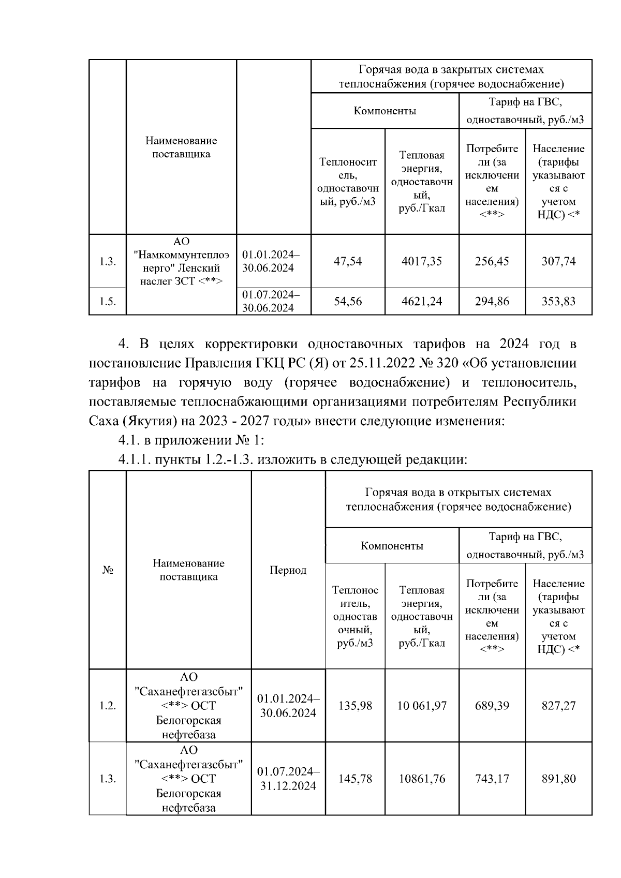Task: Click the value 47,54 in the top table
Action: coord(348,261)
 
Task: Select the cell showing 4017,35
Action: coord(422,261)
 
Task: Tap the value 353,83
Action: coord(558,301)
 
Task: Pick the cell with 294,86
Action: coord(492,301)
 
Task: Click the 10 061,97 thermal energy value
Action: coord(422,706)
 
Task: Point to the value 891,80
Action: coord(558,779)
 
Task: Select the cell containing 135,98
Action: coord(355,706)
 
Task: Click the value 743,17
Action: coord(492,779)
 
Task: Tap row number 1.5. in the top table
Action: coord(108,302)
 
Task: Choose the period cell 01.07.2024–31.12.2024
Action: coord(288,779)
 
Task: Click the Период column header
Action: coord(288,570)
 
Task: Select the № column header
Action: coord(108,570)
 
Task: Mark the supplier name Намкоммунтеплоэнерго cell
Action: coord(181,261)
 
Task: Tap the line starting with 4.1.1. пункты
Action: coord(292,459)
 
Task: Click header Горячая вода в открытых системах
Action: coord(459,499)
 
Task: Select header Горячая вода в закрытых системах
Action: coord(451,77)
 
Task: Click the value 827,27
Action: coord(558,706)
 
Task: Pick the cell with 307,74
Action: coord(558,261)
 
